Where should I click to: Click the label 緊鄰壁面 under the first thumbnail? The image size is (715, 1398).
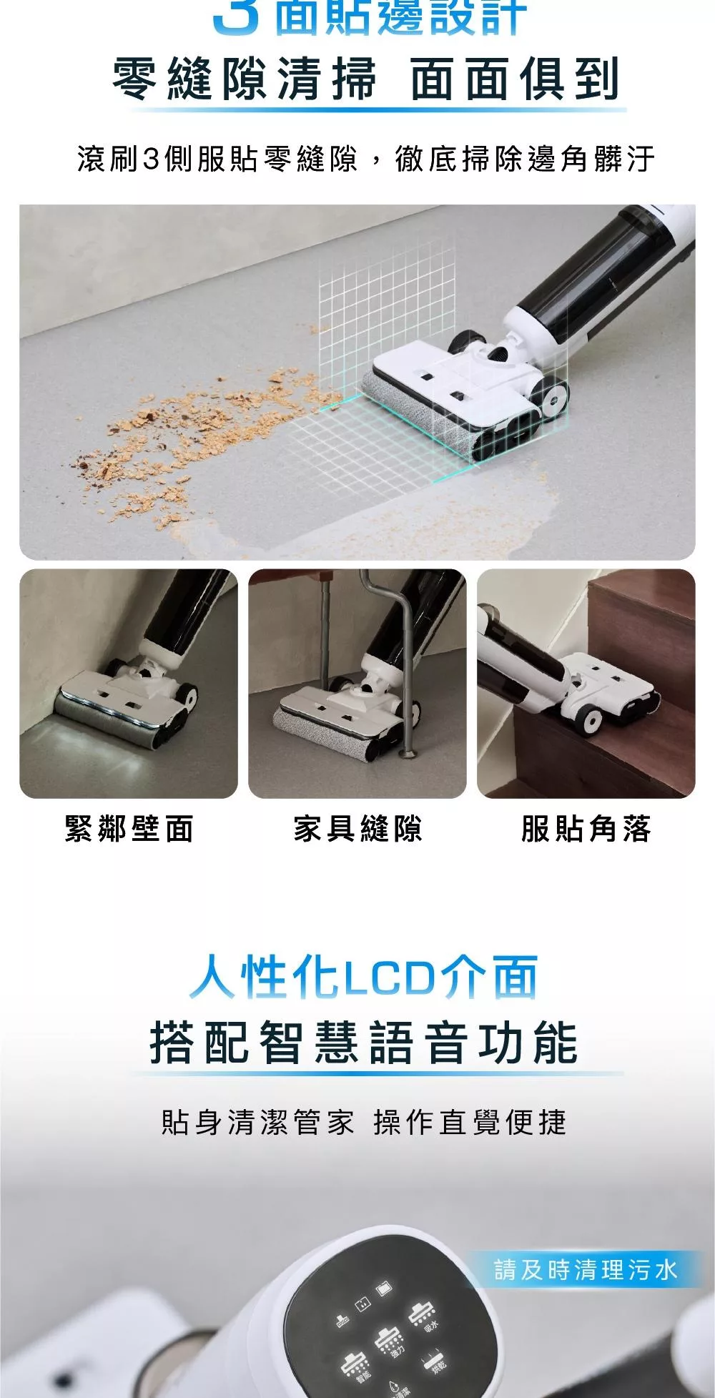click(x=129, y=830)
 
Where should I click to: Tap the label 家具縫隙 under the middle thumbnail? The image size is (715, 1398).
click(x=357, y=830)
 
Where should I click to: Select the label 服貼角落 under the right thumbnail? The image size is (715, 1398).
click(x=586, y=830)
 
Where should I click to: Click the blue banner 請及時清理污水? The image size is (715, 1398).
click(x=585, y=1271)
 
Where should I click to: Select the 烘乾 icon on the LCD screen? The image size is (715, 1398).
click(x=435, y=1359)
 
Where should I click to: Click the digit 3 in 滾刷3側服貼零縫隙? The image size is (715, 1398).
click(x=150, y=159)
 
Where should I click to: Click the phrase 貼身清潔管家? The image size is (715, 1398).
click(x=257, y=1123)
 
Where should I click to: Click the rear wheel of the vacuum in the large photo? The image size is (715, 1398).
click(x=556, y=400)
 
